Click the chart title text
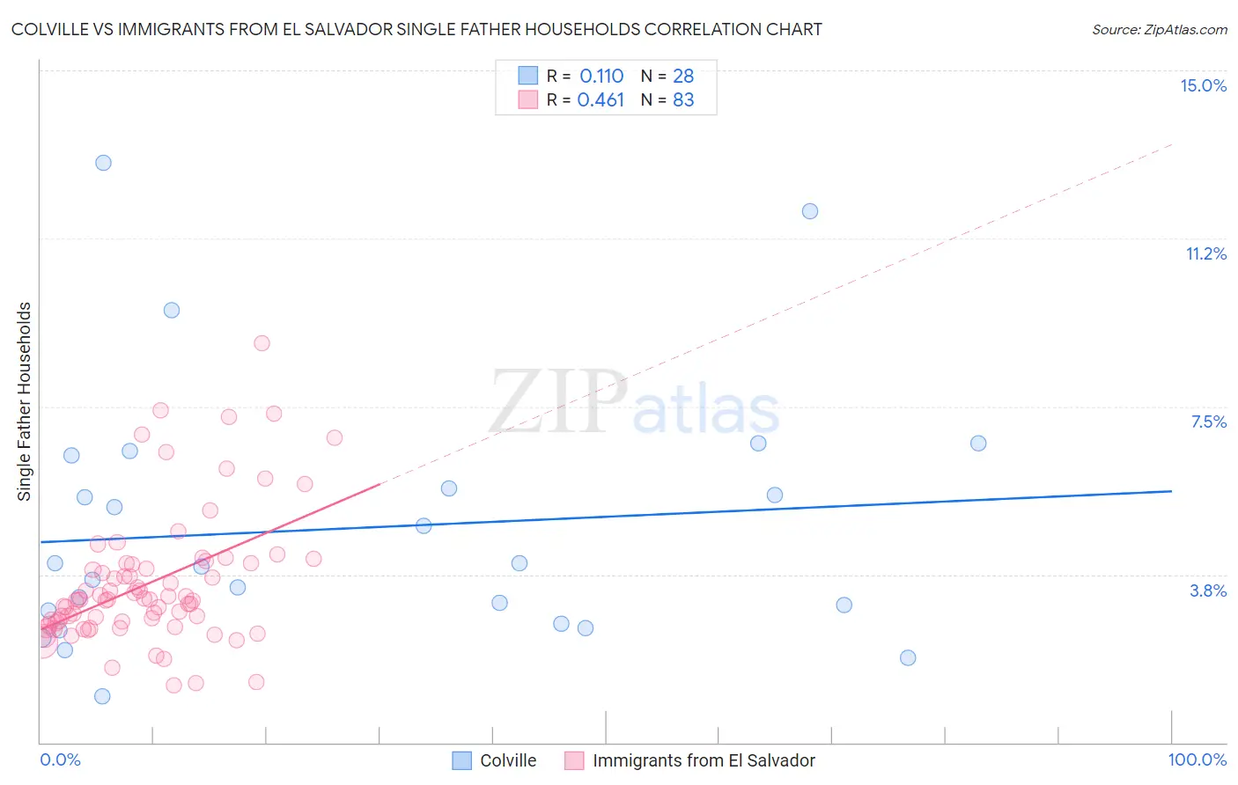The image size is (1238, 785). click(416, 29)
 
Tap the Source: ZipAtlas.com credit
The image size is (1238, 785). click(1159, 29)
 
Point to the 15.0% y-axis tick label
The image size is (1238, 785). click(1203, 85)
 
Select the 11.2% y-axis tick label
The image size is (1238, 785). click(1205, 253)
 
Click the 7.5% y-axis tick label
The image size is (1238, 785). click(1208, 422)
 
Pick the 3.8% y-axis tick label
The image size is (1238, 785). click(1208, 591)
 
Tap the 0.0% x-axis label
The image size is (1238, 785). click(60, 759)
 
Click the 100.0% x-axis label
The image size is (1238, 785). click(1197, 759)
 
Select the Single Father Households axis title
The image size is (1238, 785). click(24, 401)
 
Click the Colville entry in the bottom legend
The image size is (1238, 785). click(507, 760)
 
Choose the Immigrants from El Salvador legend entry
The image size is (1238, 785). click(704, 760)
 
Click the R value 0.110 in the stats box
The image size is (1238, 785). click(601, 77)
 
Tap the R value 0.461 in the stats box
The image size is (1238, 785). click(601, 100)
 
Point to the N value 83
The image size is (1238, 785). click(683, 100)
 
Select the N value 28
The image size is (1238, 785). click(683, 77)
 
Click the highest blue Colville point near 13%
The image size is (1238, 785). click(103, 163)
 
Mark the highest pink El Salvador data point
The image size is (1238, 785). click(262, 343)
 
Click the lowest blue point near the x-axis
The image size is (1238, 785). click(102, 696)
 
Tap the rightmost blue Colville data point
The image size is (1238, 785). click(978, 444)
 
